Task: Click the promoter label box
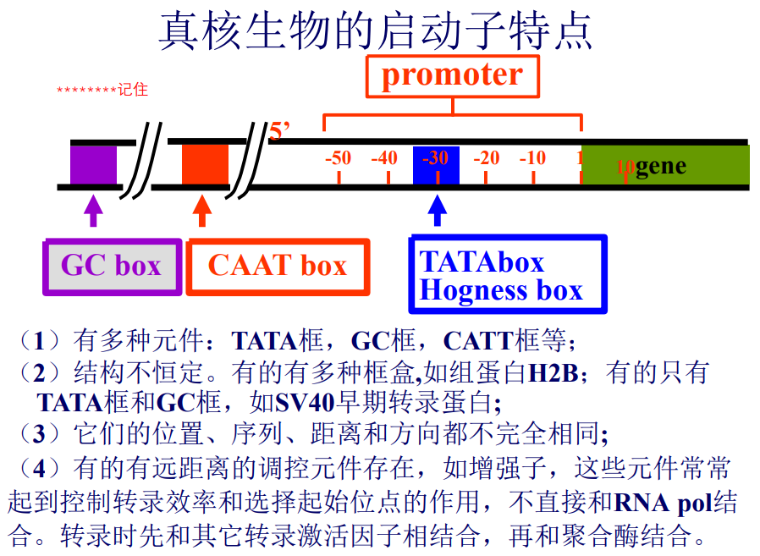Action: point(452,77)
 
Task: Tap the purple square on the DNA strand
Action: point(94,165)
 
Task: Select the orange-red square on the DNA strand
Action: point(205,164)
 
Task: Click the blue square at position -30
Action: point(436,165)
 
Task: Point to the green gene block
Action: point(665,165)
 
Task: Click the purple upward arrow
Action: point(94,211)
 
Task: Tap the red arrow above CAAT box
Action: point(202,211)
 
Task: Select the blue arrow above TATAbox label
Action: point(438,211)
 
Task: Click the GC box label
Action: point(112,267)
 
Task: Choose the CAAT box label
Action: point(278,267)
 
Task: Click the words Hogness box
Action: point(501,290)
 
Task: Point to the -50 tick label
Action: point(339,157)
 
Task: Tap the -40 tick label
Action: point(384,157)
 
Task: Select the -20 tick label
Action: point(486,157)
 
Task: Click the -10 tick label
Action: point(532,157)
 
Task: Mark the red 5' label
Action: point(279,131)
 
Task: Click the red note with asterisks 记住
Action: point(102,90)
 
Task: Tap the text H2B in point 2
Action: point(553,373)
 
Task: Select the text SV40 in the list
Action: point(306,403)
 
